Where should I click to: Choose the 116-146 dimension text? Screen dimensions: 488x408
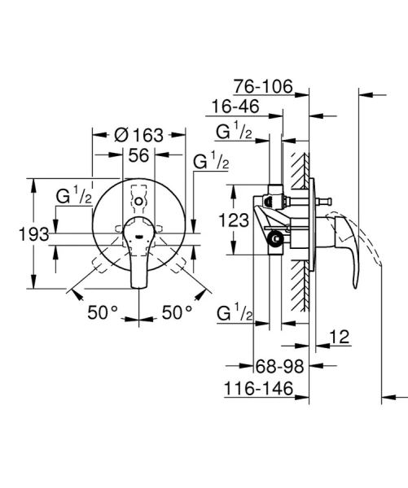260,390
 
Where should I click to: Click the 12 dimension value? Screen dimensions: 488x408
340,336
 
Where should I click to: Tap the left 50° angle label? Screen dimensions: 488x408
103,311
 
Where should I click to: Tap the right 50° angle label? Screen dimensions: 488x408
177,311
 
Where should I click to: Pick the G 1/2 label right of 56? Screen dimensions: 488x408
210,162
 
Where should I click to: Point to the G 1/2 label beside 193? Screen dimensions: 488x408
73,196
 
